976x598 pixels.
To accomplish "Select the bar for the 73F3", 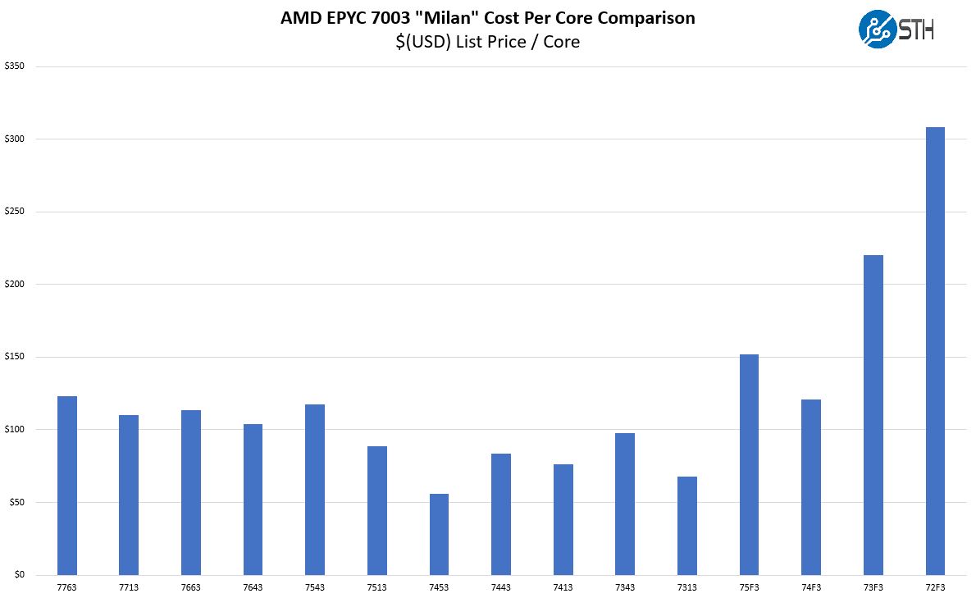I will pos(873,415).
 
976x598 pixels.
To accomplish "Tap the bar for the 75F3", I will pos(749,464).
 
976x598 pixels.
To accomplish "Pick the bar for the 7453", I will pos(439,534).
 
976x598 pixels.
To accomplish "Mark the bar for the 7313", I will pos(687,526).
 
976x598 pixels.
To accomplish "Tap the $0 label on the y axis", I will pos(18,575).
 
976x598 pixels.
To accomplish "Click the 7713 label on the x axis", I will pos(129,587).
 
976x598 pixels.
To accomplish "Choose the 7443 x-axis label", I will pos(501,587).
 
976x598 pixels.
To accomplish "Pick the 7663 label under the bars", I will pos(191,587).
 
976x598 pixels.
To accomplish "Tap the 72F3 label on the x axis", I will pos(935,587).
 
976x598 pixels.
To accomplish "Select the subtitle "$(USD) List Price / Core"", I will pos(487,42).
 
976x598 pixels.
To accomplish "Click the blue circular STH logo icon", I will pos(877,30).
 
